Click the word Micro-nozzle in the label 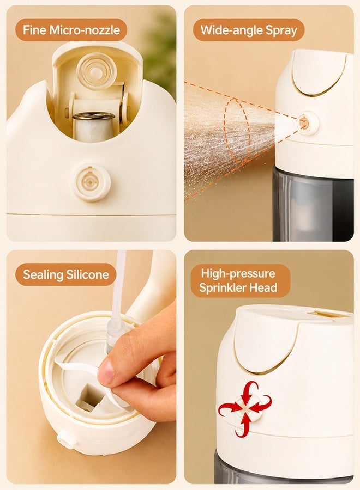(x=85, y=30)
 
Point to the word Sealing (x=43, y=275)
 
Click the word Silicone (x=88, y=274)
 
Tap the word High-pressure (x=238, y=273)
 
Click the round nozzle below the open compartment (x=91, y=182)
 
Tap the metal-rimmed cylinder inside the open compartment (x=94, y=126)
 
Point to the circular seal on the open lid (x=97, y=71)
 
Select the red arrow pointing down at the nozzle (x=249, y=390)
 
